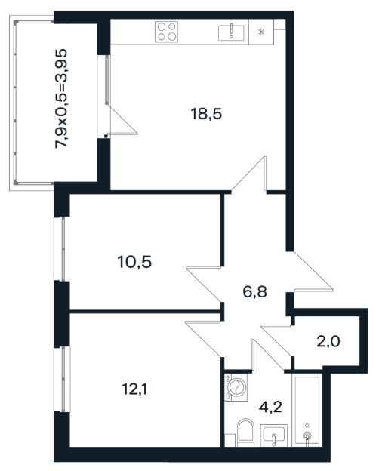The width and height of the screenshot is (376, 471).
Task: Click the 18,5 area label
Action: [206, 114]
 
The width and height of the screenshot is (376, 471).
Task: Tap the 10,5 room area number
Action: [134, 262]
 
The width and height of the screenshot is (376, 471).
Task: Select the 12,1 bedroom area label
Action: [134, 389]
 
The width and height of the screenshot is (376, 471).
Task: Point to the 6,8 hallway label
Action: [254, 291]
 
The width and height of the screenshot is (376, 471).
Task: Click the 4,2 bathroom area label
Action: [270, 407]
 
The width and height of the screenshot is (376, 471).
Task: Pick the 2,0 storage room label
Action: [328, 341]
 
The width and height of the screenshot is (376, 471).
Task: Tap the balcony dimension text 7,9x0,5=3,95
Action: [61, 99]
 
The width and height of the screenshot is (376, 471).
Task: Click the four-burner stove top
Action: [167, 32]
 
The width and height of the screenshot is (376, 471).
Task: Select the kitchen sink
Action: [231, 32]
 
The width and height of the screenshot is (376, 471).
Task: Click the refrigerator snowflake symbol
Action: [261, 32]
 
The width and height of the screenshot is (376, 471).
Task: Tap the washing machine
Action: [236, 387]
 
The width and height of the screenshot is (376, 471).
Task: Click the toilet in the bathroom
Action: [245, 433]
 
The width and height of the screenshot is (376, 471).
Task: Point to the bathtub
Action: [307, 410]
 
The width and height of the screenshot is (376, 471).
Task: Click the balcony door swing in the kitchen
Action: [122, 120]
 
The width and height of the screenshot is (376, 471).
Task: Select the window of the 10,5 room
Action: [62, 249]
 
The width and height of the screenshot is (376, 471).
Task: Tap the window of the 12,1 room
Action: [62, 379]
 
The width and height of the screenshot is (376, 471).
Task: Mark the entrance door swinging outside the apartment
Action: [313, 272]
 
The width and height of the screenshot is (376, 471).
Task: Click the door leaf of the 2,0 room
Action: [276, 340]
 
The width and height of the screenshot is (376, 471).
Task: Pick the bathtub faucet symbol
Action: [307, 435]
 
